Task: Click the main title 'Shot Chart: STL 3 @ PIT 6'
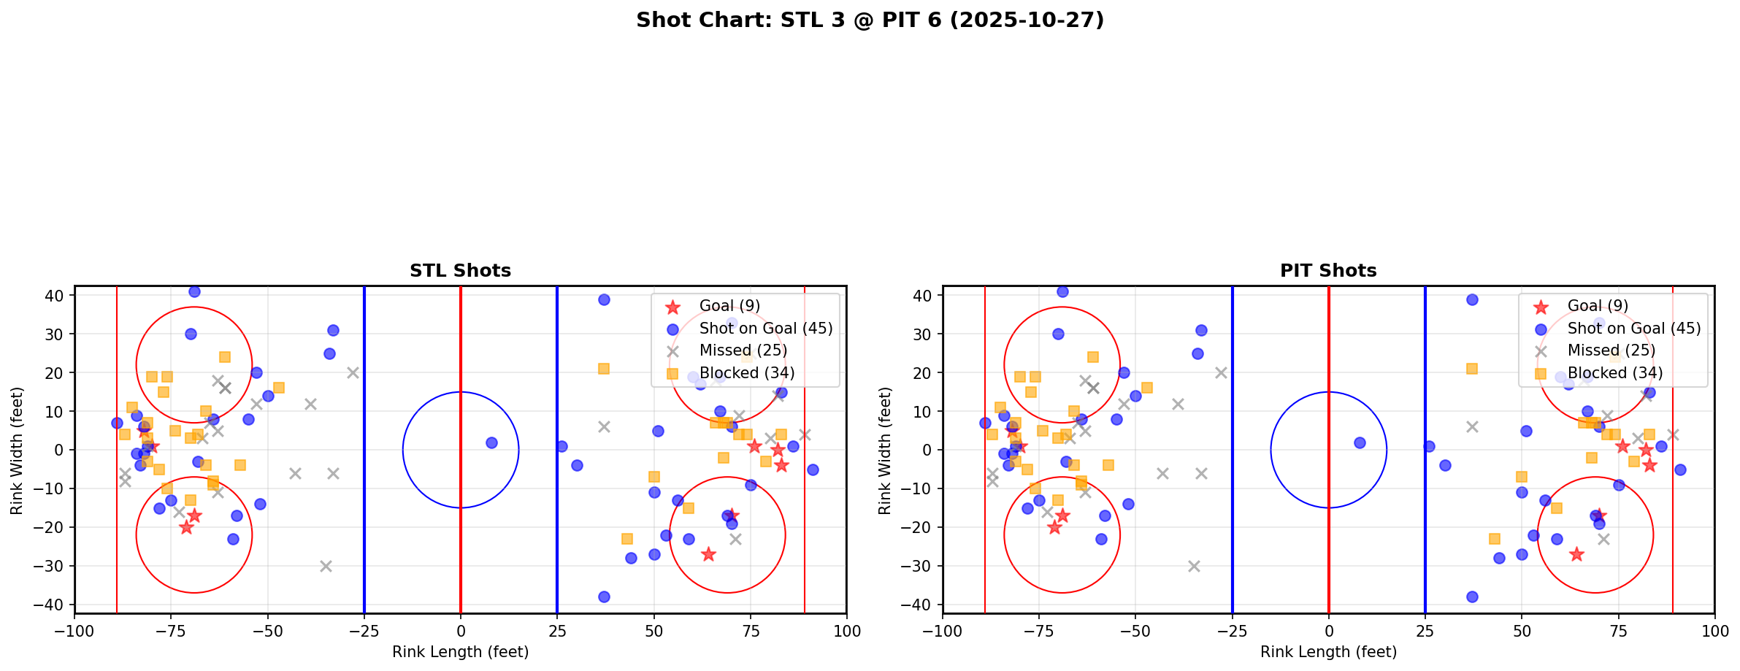click(x=870, y=20)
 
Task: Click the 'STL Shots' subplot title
click(x=460, y=271)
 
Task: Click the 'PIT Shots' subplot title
click(x=1328, y=271)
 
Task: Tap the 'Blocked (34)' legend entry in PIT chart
click(x=1614, y=373)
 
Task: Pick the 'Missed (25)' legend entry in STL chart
click(x=743, y=350)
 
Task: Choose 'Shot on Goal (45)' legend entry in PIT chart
click(x=1633, y=329)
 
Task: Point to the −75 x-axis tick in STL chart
click(x=171, y=630)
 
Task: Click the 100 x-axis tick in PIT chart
click(x=1714, y=630)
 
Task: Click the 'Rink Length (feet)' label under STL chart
click(x=460, y=652)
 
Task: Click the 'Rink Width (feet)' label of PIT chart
click(x=885, y=450)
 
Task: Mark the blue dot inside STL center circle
click(x=491, y=442)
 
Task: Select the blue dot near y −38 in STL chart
click(x=604, y=597)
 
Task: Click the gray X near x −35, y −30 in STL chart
click(x=326, y=566)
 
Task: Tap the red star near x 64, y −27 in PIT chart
click(x=1576, y=554)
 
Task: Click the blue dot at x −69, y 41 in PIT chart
click(x=1062, y=291)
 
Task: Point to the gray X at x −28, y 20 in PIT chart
click(x=1221, y=372)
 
